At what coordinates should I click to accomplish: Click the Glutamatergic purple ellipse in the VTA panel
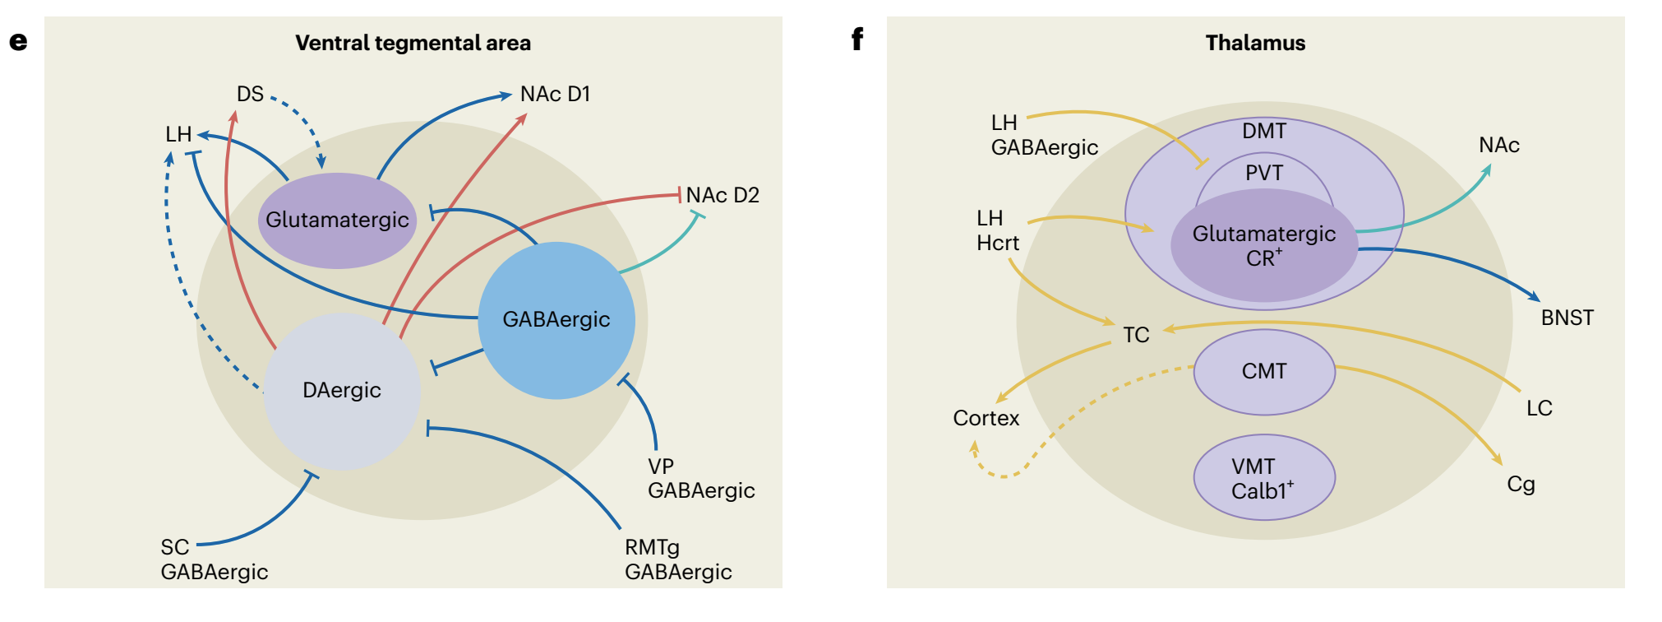[337, 220]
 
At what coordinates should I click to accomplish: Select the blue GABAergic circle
[556, 320]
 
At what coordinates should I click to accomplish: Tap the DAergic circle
[342, 391]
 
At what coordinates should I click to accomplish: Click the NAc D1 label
[555, 95]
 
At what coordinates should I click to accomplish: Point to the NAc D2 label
[723, 196]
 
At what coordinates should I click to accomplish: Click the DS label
[250, 95]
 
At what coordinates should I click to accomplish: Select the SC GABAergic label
[214, 559]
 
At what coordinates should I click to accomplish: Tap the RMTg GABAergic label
[677, 559]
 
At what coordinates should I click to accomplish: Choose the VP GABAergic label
[700, 478]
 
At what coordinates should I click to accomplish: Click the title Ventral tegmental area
[413, 43]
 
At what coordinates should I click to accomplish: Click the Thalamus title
[1255, 43]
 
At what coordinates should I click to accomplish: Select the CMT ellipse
[1263, 372]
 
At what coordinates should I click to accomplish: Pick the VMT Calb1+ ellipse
[1263, 478]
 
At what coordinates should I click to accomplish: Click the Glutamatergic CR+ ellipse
[1263, 245]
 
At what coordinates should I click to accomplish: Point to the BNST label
[1567, 318]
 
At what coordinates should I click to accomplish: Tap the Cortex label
[986, 419]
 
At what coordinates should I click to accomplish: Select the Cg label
[1521, 485]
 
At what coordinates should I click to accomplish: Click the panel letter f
[857, 39]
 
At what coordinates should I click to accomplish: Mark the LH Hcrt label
[997, 230]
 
